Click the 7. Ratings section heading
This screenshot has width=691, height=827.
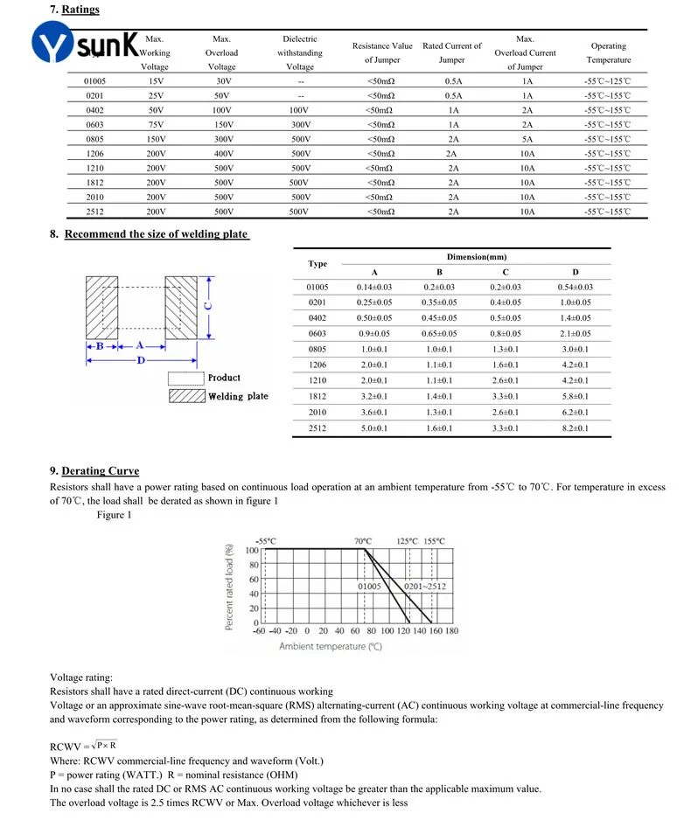(73, 10)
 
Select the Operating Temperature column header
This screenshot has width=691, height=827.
(608, 53)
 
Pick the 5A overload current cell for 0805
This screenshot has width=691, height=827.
(525, 140)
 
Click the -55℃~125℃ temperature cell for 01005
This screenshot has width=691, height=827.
(608, 80)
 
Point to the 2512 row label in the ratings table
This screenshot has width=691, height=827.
(95, 212)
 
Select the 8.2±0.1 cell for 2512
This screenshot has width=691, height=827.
(575, 428)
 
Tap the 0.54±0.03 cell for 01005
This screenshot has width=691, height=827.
(575, 287)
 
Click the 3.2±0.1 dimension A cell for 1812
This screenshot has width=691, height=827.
(374, 397)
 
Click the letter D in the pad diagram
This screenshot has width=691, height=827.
(140, 360)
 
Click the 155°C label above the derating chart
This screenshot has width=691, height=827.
(434, 541)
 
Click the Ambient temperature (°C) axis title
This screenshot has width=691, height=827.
(331, 647)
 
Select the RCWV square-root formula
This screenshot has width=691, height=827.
(84, 746)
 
